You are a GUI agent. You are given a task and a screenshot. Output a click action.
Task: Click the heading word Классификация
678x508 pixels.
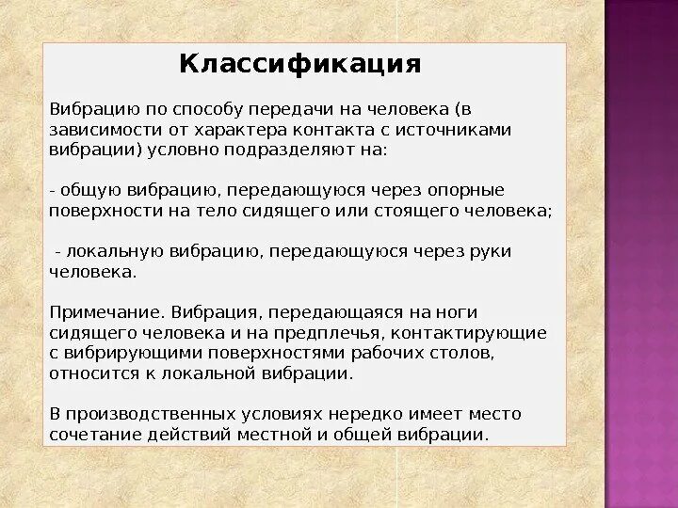[299, 65]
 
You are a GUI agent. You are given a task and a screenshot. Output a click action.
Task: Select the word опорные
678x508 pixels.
[468, 190]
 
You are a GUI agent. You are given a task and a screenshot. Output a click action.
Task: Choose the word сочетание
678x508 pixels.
[89, 435]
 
